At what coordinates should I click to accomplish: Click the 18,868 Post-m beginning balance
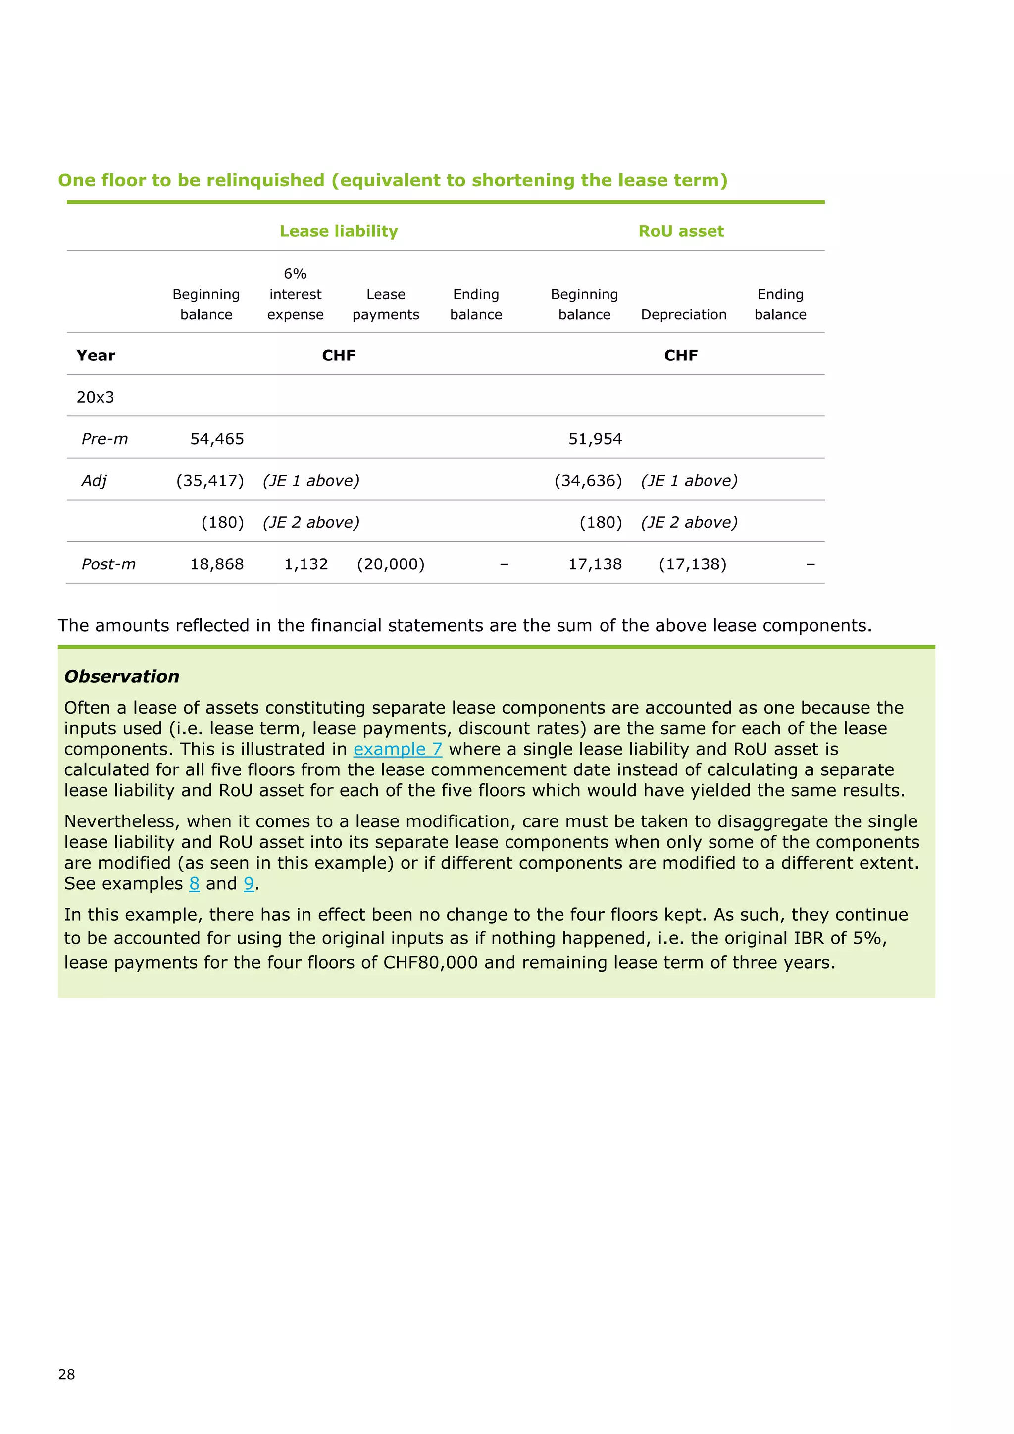217,564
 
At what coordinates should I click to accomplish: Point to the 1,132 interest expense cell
306,564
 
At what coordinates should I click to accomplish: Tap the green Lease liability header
339,231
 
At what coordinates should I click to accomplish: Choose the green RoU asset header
681,231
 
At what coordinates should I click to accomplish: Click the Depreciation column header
684,315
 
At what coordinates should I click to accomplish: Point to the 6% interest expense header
295,294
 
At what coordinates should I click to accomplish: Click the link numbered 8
194,884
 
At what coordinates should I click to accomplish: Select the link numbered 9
249,884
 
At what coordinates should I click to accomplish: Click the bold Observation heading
122,676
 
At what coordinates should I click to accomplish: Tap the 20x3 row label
95,397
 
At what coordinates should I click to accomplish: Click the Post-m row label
108,564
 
